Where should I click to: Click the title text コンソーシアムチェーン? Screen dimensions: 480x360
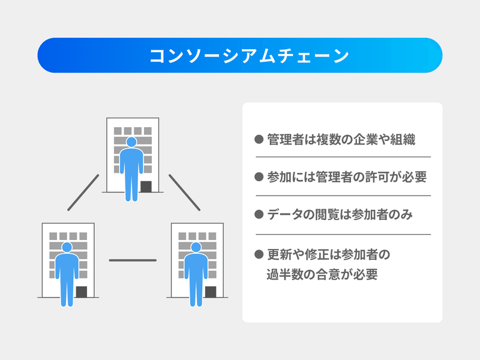point(249,55)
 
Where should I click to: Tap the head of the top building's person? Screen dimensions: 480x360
point(131,142)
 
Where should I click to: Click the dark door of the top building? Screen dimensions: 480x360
point(146,187)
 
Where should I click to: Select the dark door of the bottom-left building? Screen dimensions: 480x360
point(82,292)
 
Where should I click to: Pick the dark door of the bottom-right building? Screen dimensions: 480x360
point(211,292)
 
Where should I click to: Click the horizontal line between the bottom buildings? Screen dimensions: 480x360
point(133,260)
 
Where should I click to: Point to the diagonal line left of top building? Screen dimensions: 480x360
point(83,193)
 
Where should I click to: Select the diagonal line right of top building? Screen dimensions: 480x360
point(185,193)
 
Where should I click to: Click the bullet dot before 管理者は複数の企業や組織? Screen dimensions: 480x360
point(259,139)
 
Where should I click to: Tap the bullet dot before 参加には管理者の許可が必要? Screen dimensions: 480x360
point(259,176)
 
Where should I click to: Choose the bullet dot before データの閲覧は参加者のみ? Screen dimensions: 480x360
point(259,214)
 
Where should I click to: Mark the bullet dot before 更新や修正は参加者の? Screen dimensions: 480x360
point(259,254)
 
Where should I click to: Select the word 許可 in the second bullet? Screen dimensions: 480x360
point(377,177)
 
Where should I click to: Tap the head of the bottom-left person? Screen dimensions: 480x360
point(67,247)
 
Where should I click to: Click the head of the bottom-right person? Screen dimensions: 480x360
point(196,247)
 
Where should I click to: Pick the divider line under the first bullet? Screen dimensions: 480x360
point(343,157)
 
